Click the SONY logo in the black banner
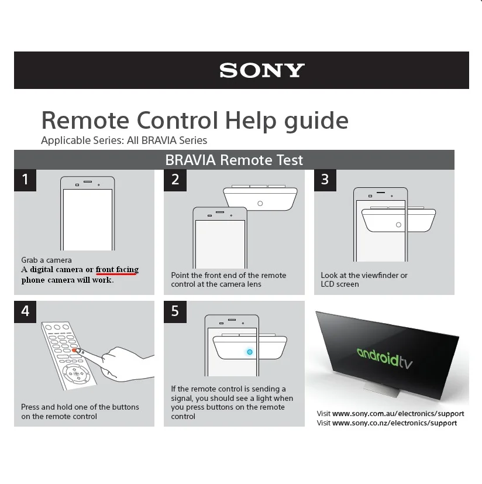pos(262,71)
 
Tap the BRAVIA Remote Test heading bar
pos(234,160)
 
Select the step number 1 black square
pos(25,180)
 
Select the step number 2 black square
pos(175,180)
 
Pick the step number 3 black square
pos(325,180)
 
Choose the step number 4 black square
pos(25,311)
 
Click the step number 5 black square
pos(175,311)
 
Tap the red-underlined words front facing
pos(117,270)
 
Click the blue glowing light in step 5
pos(250,351)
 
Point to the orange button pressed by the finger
pos(76,350)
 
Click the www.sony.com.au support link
pos(398,414)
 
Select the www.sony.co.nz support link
pos(394,423)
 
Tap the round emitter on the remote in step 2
pos(260,204)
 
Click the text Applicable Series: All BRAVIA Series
pos(124,140)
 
